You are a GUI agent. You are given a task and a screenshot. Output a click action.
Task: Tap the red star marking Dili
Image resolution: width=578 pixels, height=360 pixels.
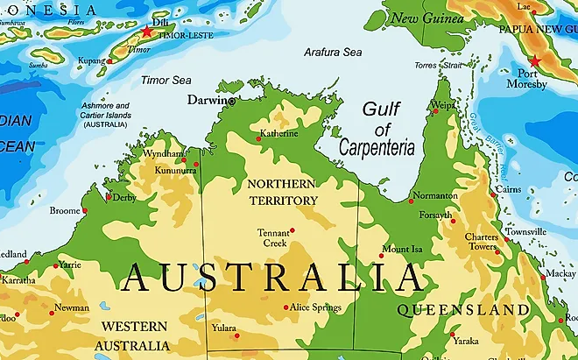(x=146, y=32)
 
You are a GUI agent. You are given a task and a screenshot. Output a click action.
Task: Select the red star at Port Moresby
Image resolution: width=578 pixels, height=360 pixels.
(x=534, y=62)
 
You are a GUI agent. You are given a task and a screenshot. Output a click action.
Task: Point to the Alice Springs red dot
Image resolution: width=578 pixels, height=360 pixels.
(x=285, y=307)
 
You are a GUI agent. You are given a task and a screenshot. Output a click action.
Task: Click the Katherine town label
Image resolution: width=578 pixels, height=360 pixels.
(x=279, y=134)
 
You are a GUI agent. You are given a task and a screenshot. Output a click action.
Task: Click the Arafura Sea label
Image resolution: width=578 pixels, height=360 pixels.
(x=332, y=53)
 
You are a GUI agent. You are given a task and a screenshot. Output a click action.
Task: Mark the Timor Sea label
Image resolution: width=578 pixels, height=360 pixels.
(x=166, y=80)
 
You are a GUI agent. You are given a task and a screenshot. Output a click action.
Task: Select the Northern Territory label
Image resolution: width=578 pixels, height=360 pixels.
(x=282, y=192)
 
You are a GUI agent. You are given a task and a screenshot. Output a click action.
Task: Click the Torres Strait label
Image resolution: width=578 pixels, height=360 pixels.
(x=437, y=66)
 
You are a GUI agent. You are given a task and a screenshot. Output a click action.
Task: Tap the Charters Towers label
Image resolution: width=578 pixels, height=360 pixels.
(x=482, y=241)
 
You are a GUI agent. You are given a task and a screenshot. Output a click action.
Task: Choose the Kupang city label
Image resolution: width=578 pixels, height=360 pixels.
(x=89, y=61)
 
